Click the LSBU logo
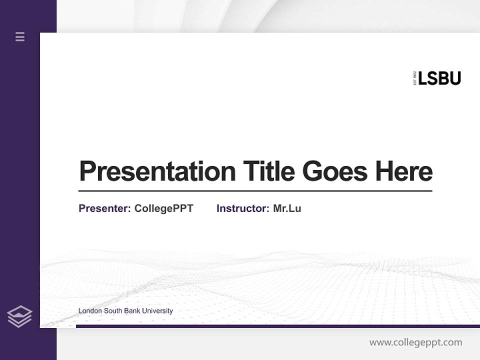437,78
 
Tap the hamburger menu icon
20,36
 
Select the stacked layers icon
19,316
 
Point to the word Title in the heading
269,171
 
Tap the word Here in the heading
404,171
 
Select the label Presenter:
104,208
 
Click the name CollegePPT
164,208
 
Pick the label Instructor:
242,208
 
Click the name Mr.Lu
287,208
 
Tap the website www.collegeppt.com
415,342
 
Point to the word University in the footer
157,311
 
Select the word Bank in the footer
131,311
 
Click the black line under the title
255,190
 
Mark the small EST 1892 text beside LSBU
414,78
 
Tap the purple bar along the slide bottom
277,326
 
